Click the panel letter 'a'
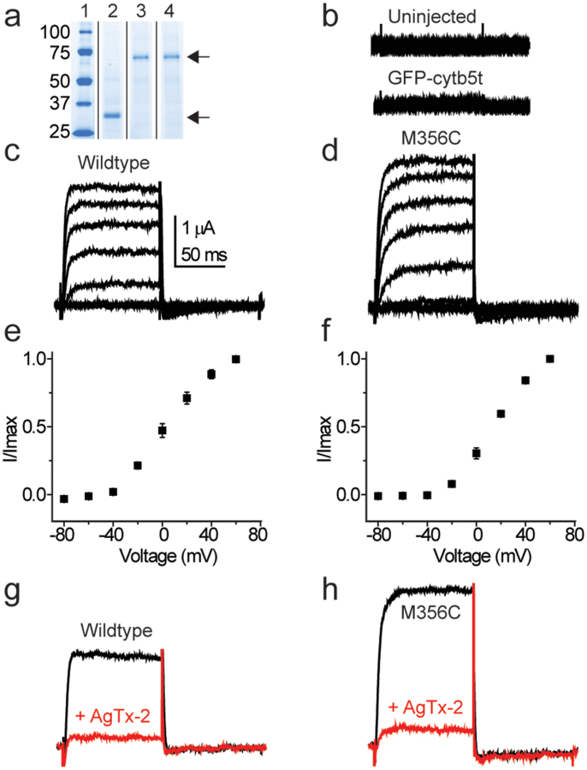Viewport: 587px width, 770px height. click(x=13, y=15)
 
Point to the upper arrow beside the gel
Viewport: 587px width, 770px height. click(x=199, y=57)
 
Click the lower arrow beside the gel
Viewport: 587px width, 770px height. click(x=199, y=116)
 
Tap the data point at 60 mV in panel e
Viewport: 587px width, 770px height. click(x=236, y=359)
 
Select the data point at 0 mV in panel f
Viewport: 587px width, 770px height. click(x=477, y=453)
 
